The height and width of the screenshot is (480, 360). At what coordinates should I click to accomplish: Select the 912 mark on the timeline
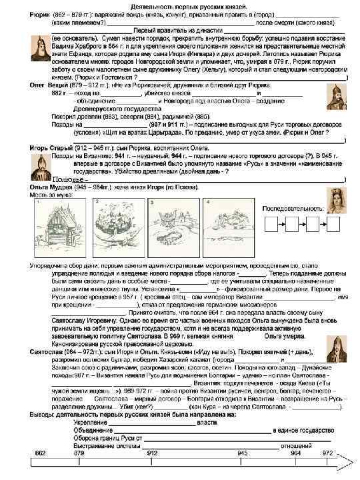coord(152,453)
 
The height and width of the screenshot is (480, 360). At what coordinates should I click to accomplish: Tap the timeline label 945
coord(243,453)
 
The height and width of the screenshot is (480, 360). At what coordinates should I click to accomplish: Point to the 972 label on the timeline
coord(326,453)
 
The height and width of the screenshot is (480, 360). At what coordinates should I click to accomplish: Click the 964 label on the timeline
coord(297,453)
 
